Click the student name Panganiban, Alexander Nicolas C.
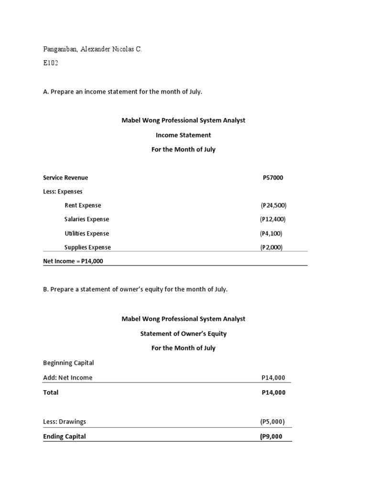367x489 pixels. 93,50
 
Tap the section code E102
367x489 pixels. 51,63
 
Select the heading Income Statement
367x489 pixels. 183,135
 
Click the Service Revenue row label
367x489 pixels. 65,178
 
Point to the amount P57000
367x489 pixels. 273,178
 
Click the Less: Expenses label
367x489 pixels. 63,191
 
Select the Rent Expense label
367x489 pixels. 83,205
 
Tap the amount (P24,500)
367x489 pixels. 273,205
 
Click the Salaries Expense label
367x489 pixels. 86,219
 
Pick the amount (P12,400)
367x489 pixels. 273,219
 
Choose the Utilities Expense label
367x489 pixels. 86,234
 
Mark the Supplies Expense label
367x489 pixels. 87,247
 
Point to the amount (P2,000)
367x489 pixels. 272,247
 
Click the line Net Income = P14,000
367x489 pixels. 73,261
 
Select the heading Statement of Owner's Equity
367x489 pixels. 183,334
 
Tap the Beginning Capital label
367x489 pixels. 68,363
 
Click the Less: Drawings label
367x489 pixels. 65,422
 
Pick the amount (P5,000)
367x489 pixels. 272,422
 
